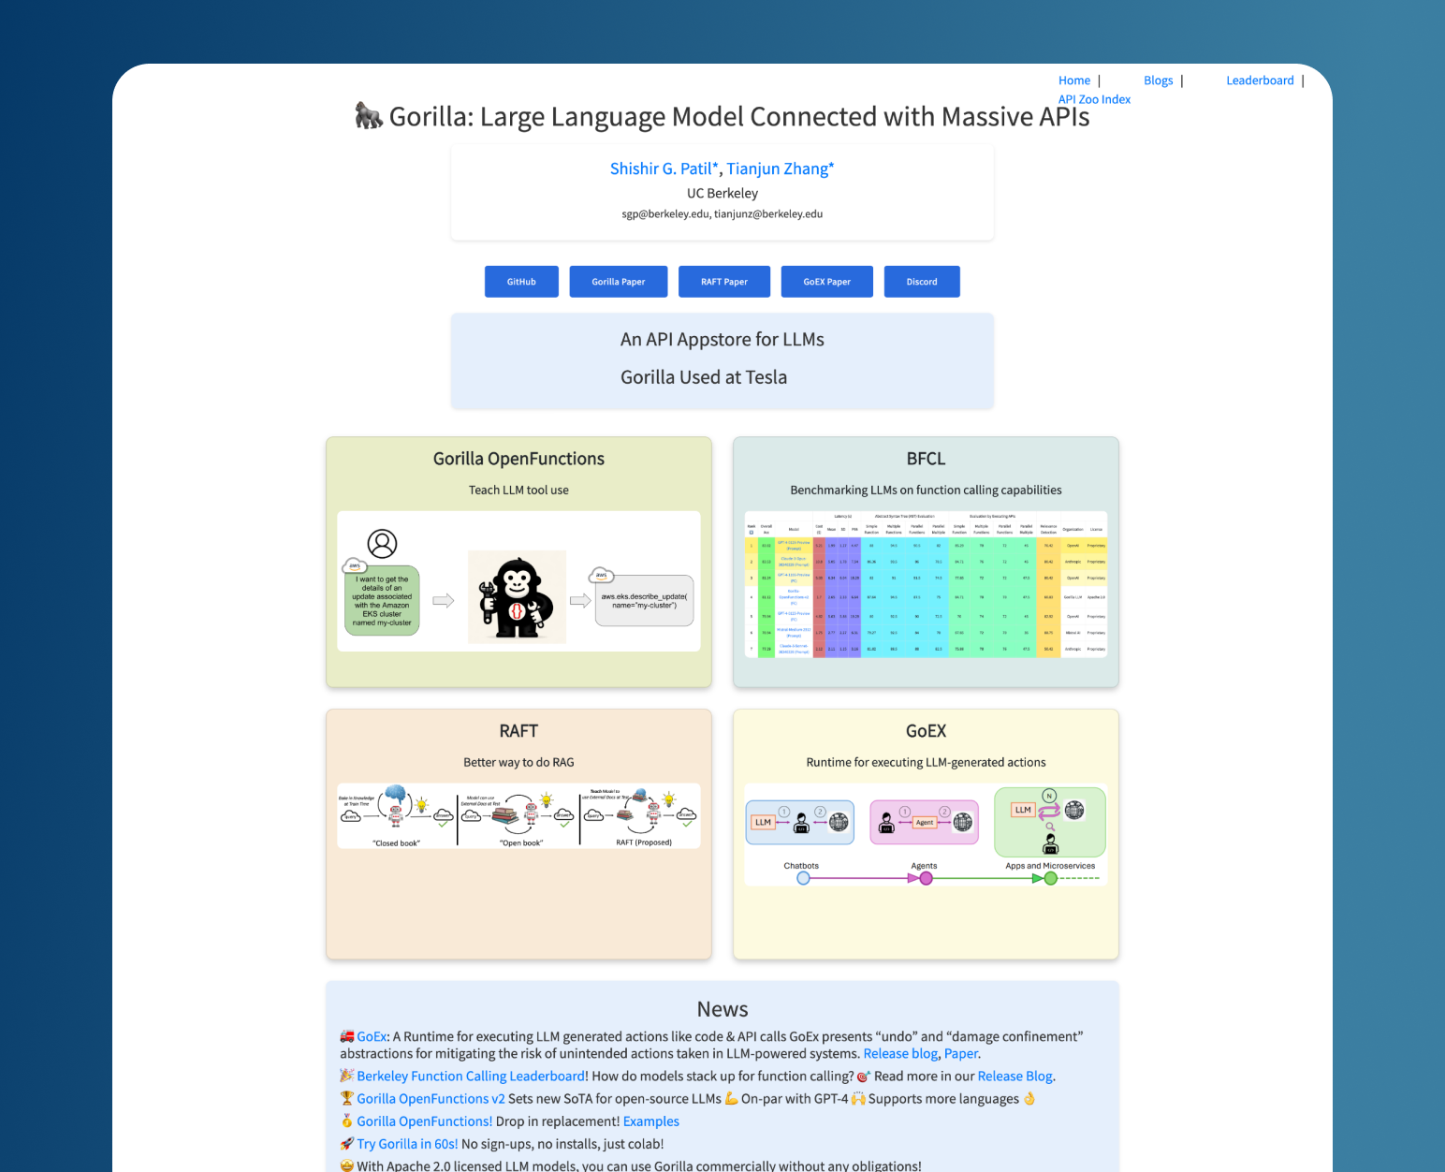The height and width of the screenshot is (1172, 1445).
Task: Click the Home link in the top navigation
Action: coord(1073,81)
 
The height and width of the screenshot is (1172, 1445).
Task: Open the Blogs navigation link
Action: coord(1158,81)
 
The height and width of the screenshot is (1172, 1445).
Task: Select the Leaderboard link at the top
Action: coord(1260,81)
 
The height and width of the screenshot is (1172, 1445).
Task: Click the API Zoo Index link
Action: coord(1094,99)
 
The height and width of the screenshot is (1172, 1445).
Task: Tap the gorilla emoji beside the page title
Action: coord(369,116)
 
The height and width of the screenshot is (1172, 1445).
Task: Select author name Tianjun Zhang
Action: coord(779,168)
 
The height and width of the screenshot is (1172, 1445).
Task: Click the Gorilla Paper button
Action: coord(618,282)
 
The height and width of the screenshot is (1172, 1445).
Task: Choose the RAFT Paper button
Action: coord(723,282)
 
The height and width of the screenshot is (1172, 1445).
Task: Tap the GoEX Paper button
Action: coord(826,282)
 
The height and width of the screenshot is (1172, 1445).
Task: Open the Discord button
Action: coord(921,282)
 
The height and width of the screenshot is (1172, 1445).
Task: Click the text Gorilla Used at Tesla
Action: coord(704,377)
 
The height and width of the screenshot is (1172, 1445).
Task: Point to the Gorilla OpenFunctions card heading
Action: coord(518,459)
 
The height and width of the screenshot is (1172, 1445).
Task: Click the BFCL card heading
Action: coord(926,459)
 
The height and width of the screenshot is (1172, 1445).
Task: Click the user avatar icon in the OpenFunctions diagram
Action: coord(382,543)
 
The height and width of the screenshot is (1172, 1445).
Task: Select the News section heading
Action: coord(722,1009)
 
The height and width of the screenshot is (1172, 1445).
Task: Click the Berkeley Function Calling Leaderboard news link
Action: coord(471,1077)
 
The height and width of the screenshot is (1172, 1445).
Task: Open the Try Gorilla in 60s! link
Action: coord(407,1144)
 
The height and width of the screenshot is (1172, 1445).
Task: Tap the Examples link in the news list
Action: coord(650,1121)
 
